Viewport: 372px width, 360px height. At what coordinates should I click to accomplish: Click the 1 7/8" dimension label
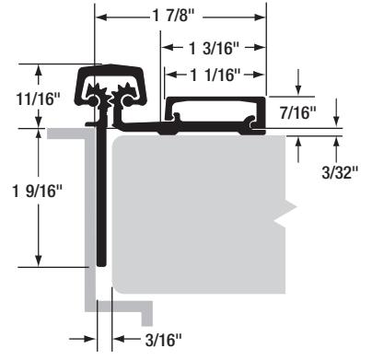pos(173,16)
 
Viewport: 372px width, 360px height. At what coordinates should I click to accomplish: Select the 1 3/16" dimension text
pos(214,48)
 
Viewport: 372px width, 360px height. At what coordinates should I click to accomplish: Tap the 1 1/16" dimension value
pos(215,75)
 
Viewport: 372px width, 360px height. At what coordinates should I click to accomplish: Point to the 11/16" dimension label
pos(38,99)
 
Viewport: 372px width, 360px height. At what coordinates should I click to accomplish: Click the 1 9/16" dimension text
pos(38,192)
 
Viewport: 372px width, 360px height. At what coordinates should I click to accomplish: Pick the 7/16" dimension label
pos(297,112)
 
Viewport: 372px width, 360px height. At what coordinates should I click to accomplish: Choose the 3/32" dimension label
pos(340,172)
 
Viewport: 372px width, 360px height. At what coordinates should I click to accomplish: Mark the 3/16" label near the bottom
pos(163,340)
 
